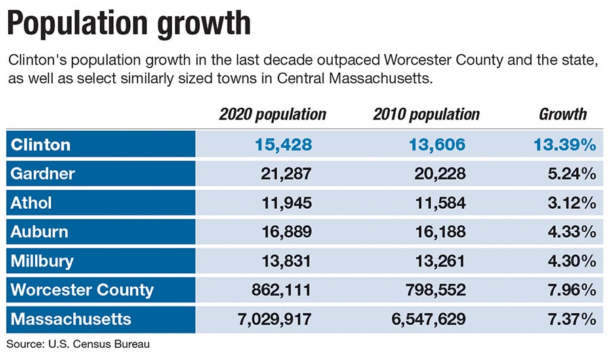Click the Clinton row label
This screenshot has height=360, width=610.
[x=41, y=144]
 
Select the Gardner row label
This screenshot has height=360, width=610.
[x=43, y=174]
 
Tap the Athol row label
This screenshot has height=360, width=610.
[x=31, y=203]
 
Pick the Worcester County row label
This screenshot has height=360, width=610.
[x=82, y=290]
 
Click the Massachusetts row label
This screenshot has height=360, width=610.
[x=70, y=319]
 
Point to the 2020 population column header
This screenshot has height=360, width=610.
[x=272, y=114]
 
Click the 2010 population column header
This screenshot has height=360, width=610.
[x=426, y=114]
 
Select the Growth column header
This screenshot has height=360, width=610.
[x=563, y=114]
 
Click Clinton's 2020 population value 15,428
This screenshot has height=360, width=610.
[x=283, y=144]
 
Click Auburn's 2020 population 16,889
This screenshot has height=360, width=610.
[x=286, y=232]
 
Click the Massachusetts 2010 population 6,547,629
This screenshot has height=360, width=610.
[x=427, y=319]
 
